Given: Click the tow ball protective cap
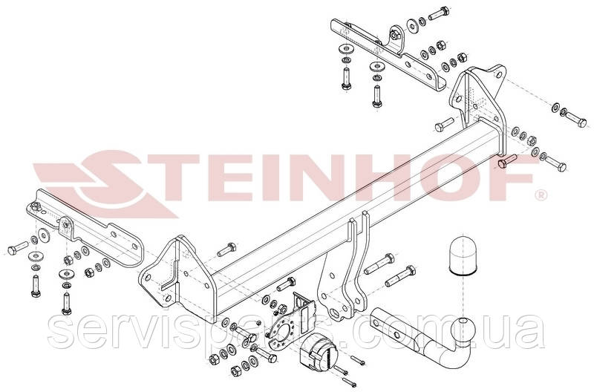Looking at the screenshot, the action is click(462, 256).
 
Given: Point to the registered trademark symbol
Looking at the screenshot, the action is click(541, 195).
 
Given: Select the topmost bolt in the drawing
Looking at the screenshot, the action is click(439, 13).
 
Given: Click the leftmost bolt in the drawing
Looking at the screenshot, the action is click(17, 248).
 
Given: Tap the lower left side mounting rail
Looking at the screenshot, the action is click(85, 231).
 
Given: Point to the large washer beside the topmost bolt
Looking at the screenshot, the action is click(413, 25).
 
